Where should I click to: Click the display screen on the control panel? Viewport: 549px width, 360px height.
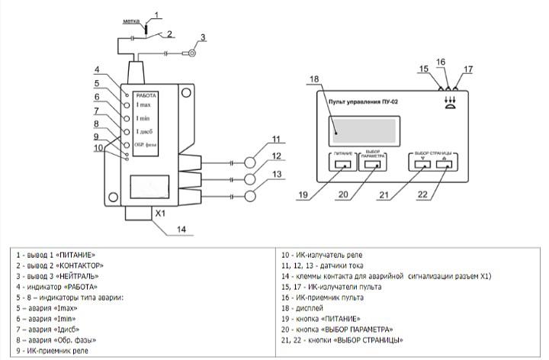pos(364,130)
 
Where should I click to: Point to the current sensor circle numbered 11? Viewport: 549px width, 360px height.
pos(251,163)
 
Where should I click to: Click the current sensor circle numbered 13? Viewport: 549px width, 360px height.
pos(251,196)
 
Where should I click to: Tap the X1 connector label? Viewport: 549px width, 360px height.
pos(161,214)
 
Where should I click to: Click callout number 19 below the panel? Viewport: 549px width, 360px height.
pos(303,195)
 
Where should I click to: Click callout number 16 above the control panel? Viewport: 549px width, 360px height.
pos(441,62)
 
